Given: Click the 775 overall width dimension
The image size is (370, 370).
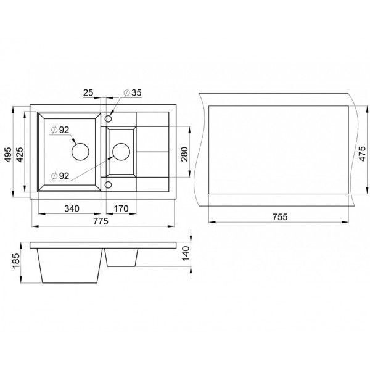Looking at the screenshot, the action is point(101,221).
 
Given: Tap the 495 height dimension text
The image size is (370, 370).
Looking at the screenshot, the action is point(8,155).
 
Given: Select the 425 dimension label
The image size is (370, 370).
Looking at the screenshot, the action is point(20,155).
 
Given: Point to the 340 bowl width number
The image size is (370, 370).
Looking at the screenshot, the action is point(72,208).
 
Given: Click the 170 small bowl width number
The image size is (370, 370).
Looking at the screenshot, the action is point(121,208).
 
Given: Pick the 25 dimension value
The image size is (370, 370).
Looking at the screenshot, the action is point(88,92).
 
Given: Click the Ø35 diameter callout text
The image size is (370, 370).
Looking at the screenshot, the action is point(133,92).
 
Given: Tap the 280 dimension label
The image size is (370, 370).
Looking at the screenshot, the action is point(184,154).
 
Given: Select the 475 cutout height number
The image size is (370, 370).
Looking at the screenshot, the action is point(362,154).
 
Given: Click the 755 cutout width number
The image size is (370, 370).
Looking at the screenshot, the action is point(280,217).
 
